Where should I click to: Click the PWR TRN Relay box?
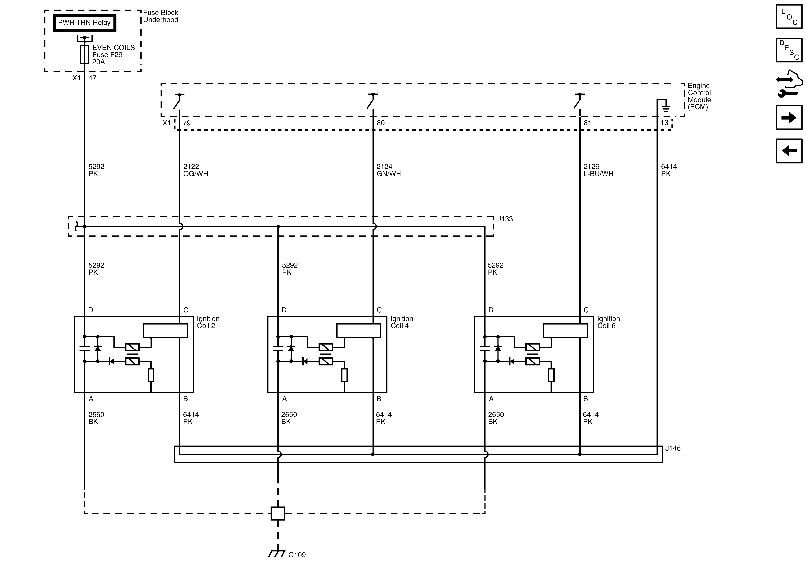point(84,23)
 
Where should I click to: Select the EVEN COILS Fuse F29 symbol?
point(84,54)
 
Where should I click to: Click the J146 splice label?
point(673,448)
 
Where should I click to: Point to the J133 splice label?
point(505,219)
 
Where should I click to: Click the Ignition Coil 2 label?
point(208,322)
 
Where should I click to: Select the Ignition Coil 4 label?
point(401,322)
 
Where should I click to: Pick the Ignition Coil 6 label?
point(608,322)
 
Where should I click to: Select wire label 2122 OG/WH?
point(196,170)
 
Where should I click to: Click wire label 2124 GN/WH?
point(388,170)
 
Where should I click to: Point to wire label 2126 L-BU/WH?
point(598,170)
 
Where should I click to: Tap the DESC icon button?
point(789,50)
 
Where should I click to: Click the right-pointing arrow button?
point(789,118)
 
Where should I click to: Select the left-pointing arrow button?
point(789,151)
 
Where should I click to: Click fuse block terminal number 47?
point(92,78)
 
